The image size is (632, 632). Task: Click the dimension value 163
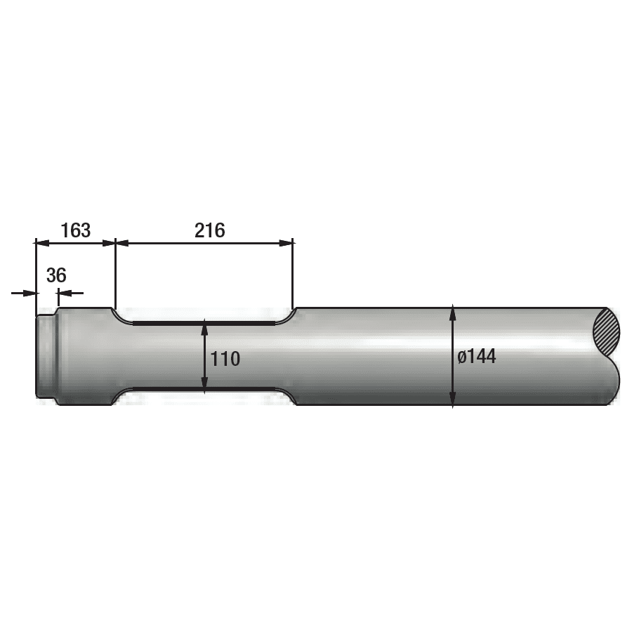pyautogui.click(x=75, y=230)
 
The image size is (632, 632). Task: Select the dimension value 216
pyautogui.click(x=210, y=230)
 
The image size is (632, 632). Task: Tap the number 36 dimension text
pyautogui.click(x=56, y=275)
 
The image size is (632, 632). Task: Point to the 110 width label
pyautogui.click(x=225, y=359)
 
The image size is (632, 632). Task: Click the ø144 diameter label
pyautogui.click(x=477, y=356)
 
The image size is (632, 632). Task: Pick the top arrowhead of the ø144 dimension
pyautogui.click(x=453, y=312)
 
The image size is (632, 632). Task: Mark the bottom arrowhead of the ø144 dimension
pyautogui.click(x=453, y=400)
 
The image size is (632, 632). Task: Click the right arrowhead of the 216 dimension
pyautogui.click(x=287, y=243)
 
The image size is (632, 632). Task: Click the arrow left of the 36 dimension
pyautogui.click(x=28, y=293)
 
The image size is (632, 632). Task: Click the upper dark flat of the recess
pyautogui.click(x=204, y=323)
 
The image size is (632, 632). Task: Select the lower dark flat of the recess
pyautogui.click(x=204, y=388)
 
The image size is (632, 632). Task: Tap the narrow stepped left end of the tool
pyautogui.click(x=46, y=357)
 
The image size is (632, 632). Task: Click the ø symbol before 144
pyautogui.click(x=461, y=357)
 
